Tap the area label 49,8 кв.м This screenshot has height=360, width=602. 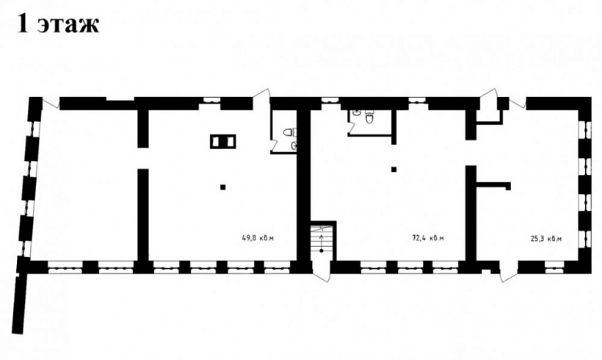point(258,238)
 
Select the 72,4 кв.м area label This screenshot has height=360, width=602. point(428,238)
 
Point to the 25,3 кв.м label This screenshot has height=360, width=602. point(546,239)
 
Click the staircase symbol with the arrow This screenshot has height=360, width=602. point(322,240)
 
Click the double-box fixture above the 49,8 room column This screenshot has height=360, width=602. point(222,142)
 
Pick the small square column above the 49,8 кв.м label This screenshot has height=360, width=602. point(222,187)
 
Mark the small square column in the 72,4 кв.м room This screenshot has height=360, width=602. point(394,169)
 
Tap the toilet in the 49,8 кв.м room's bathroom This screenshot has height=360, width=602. point(289,132)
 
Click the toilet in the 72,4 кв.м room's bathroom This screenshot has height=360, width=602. point(369,117)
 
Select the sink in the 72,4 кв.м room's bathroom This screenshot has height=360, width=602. point(357,112)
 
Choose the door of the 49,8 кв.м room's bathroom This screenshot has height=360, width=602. point(274,145)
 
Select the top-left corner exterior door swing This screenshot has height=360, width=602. point(51,102)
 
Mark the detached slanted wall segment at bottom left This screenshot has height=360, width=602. point(19,304)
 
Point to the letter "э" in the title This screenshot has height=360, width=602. point(46,26)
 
